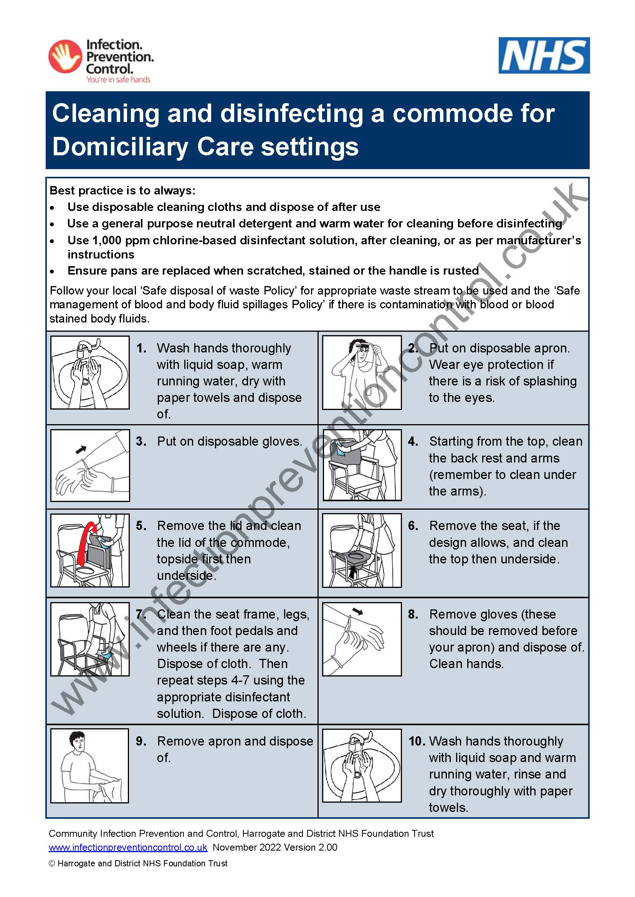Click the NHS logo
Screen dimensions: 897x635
click(x=544, y=55)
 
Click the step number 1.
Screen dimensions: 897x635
click(x=141, y=348)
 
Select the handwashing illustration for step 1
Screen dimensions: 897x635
click(x=90, y=372)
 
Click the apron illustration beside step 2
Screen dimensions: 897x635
click(x=362, y=372)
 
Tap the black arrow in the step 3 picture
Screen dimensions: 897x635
click(x=81, y=449)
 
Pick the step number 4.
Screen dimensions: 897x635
click(x=413, y=441)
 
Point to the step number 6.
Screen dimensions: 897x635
click(x=413, y=526)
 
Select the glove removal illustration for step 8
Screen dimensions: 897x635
click(x=362, y=639)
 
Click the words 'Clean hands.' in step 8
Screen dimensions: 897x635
click(x=466, y=664)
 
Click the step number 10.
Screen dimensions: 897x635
click(x=417, y=741)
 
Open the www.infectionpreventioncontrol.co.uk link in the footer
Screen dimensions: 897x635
click(x=128, y=848)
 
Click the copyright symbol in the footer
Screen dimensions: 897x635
click(x=51, y=864)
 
